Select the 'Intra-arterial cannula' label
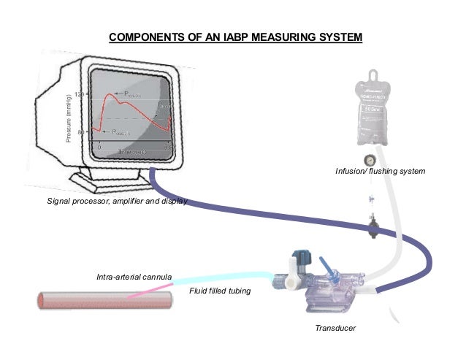pos(134,277)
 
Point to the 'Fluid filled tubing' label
pos(220,291)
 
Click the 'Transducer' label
pos(335,329)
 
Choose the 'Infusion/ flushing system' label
pos(380,171)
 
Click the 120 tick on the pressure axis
pos(80,95)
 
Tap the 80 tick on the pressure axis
pos(81,131)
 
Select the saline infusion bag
pos(373,110)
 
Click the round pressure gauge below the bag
pos(370,159)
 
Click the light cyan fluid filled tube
pos(226,277)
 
